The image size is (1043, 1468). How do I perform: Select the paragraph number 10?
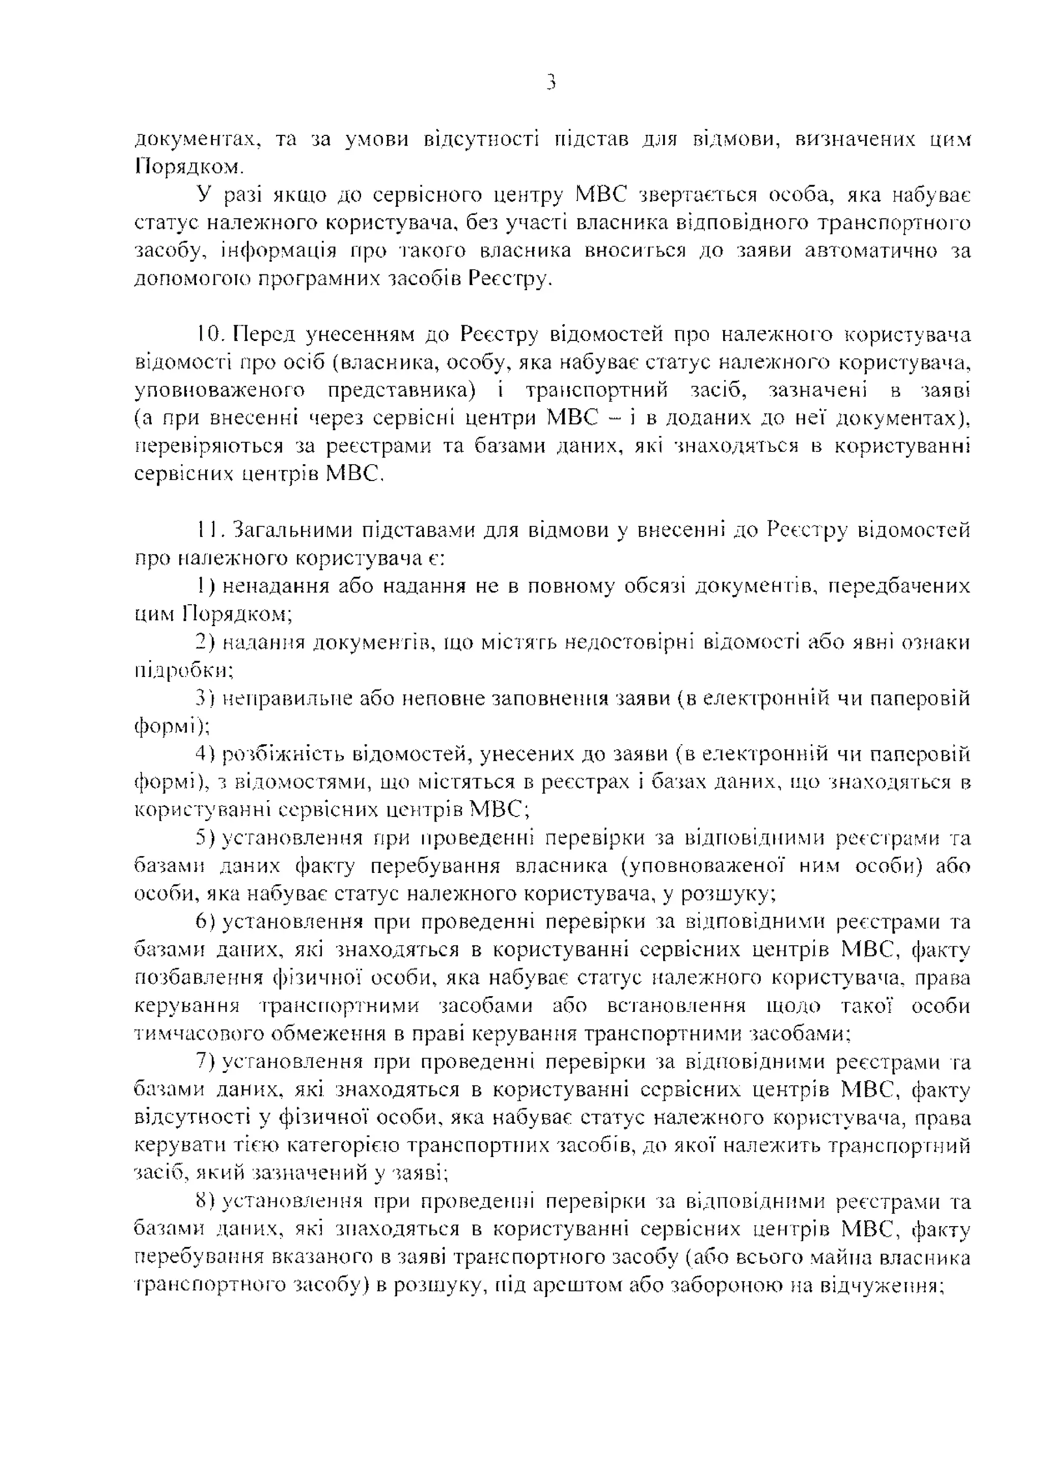[x=209, y=334]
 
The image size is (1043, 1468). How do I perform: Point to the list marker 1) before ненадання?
[x=206, y=586]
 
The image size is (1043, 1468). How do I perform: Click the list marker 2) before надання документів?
[x=206, y=642]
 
